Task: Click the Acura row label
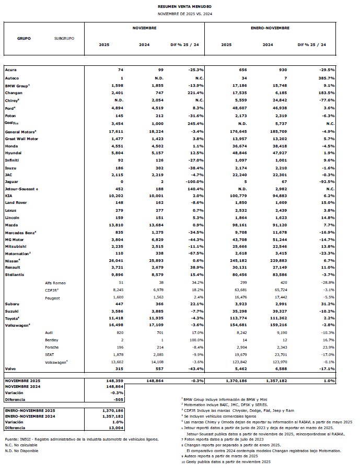click(x=10, y=70)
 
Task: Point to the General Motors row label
click(x=19, y=132)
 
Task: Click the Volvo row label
click(x=10, y=368)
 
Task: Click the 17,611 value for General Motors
click(x=116, y=132)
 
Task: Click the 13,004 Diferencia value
click(x=117, y=428)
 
